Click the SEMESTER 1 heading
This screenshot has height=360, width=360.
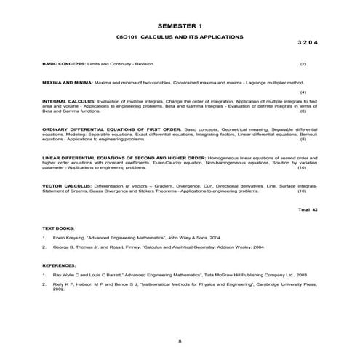[180, 25]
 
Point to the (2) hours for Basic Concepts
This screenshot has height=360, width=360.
[303, 65]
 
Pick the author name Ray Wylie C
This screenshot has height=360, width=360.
[68, 276]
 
